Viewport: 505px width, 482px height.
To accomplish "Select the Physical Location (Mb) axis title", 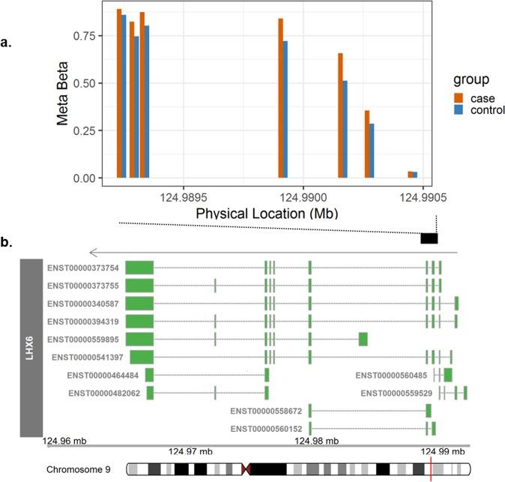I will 266,214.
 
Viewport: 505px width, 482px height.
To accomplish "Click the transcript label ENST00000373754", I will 83,268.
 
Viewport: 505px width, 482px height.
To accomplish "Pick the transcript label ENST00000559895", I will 83,339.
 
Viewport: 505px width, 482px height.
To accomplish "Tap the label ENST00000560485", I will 392,375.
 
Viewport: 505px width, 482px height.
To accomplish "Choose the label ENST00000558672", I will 267,411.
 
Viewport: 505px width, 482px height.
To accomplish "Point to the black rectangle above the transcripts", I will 429,238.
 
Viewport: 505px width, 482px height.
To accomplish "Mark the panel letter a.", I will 6,43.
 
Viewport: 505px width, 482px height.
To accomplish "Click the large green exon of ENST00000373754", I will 139,268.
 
